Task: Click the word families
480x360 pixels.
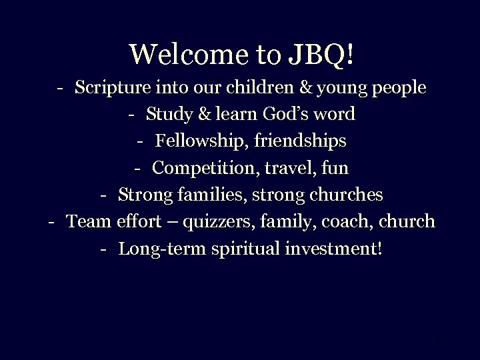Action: (202, 195)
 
